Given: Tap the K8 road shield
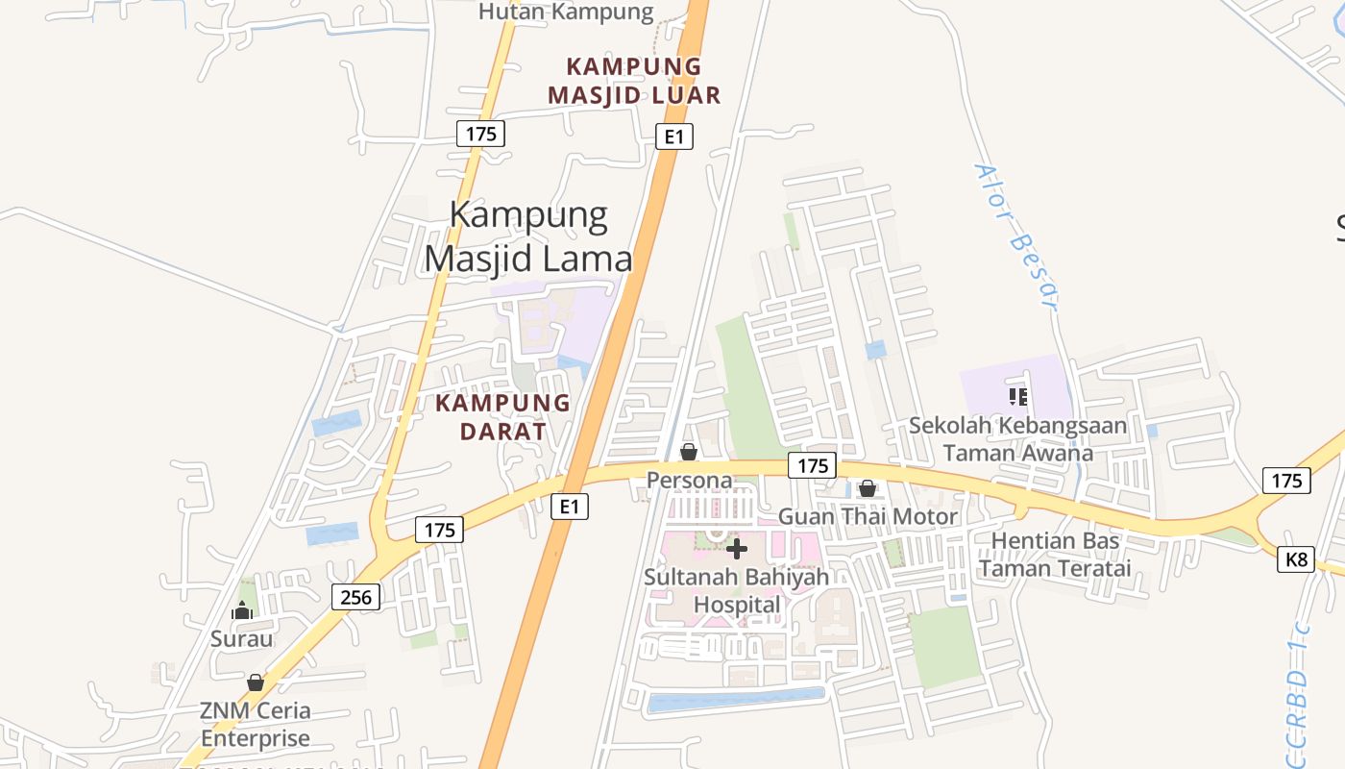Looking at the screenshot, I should pyautogui.click(x=1296, y=558).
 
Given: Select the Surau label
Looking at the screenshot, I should pyautogui.click(x=242, y=638).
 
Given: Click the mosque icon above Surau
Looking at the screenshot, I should pyautogui.click(x=242, y=610).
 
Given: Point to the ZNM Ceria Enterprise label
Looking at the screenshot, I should pyautogui.click(x=256, y=725).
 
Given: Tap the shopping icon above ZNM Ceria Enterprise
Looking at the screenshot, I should pyautogui.click(x=256, y=682).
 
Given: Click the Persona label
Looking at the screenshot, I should pyautogui.click(x=689, y=480).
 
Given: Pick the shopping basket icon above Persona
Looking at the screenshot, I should pyautogui.click(x=689, y=452).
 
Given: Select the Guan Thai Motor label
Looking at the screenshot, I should pyautogui.click(x=868, y=516).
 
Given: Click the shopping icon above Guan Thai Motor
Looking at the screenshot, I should pyautogui.click(x=868, y=488).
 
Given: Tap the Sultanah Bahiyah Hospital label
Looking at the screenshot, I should pyautogui.click(x=737, y=591).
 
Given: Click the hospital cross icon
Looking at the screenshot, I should pyautogui.click(x=737, y=549).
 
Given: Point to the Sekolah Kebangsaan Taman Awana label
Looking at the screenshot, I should pyautogui.click(x=1018, y=438).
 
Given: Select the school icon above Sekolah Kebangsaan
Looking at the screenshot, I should pyautogui.click(x=1018, y=396).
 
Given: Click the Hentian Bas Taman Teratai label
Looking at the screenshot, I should pyautogui.click(x=1055, y=554).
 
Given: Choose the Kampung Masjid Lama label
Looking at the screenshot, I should pyautogui.click(x=528, y=236).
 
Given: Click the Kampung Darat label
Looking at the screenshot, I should pyautogui.click(x=502, y=416).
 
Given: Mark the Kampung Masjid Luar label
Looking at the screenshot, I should pyautogui.click(x=634, y=81).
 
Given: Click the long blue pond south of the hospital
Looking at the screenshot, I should pyautogui.click(x=736, y=700).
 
